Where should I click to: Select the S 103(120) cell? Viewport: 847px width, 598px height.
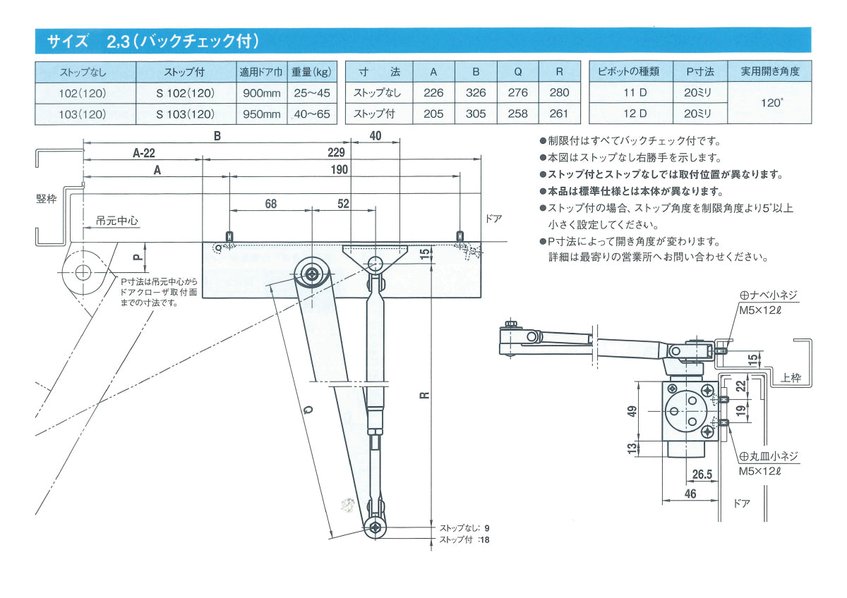[185, 114]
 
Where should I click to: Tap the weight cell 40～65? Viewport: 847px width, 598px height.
[311, 114]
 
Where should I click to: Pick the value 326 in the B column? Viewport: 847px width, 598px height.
[476, 92]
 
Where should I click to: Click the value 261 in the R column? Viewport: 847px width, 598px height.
[559, 114]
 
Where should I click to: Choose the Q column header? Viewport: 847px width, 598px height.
[517, 71]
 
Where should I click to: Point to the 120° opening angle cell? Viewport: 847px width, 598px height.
[771, 103]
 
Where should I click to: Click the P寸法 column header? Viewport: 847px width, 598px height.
[699, 71]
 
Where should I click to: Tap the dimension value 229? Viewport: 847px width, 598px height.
[337, 152]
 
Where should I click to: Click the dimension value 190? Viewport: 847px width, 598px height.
[339, 170]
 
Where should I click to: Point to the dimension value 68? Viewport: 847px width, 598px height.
[271, 204]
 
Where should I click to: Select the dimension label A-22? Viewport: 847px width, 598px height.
[144, 152]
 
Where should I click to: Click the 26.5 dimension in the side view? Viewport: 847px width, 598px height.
[702, 474]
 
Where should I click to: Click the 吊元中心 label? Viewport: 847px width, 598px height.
[116, 221]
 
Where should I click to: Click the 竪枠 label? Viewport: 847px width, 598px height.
[46, 200]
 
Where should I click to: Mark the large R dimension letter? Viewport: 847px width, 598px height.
[423, 397]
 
